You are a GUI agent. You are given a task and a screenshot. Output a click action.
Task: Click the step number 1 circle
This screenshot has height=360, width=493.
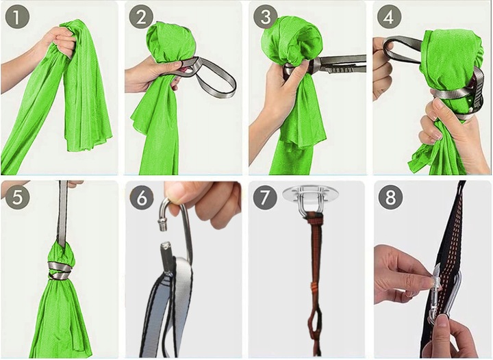(17, 18)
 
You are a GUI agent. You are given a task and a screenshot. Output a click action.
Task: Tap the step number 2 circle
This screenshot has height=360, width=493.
(142, 18)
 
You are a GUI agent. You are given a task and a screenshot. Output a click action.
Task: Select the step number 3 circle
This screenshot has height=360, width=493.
(266, 18)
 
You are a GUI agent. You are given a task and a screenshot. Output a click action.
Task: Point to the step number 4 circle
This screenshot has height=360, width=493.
(389, 18)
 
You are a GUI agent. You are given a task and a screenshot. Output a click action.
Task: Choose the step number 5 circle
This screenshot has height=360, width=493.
(17, 196)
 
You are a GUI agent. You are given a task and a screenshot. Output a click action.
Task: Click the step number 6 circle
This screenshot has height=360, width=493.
(142, 196)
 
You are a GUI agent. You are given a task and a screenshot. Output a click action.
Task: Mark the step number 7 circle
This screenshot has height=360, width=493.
(265, 196)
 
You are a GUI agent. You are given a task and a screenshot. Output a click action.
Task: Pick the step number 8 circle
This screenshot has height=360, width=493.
(390, 196)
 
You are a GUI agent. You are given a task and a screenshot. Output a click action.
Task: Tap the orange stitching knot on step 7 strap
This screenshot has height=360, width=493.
(314, 286)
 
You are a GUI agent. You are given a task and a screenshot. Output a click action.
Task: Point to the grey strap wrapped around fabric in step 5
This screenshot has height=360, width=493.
(60, 270)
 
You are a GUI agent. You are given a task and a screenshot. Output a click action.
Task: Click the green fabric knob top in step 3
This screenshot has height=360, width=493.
(291, 41)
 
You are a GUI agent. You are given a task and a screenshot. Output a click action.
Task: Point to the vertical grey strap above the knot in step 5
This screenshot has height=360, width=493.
(62, 212)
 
